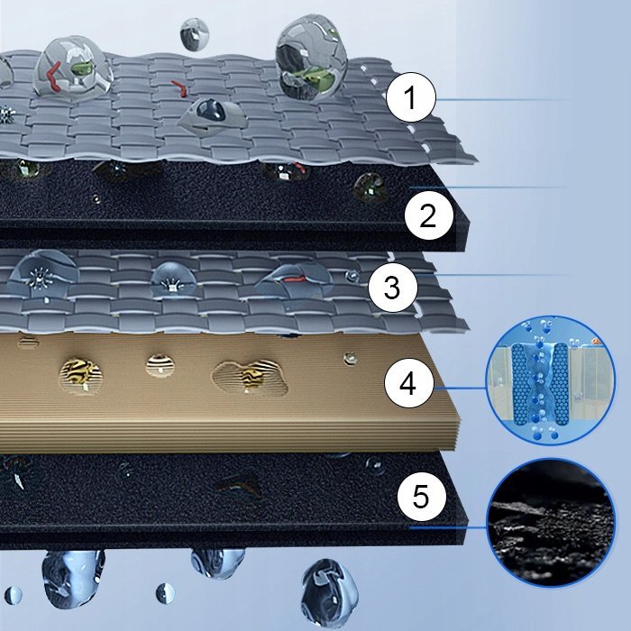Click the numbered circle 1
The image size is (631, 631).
(411, 97)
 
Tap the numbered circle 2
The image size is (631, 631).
(428, 215)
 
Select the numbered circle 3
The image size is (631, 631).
(393, 288)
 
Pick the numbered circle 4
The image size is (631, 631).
(409, 383)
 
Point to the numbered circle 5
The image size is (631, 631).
(422, 496)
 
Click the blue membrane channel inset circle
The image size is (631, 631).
(551, 380)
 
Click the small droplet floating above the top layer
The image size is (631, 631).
(195, 34)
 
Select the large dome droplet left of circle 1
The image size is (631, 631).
(311, 59)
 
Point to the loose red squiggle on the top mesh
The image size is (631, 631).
(179, 88)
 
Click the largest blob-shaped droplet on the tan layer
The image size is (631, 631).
(251, 379)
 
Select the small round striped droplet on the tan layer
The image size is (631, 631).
(160, 365)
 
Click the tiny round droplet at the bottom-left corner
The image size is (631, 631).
(13, 596)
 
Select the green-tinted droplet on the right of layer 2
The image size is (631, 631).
(370, 187)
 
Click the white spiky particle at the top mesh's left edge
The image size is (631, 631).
(6, 114)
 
